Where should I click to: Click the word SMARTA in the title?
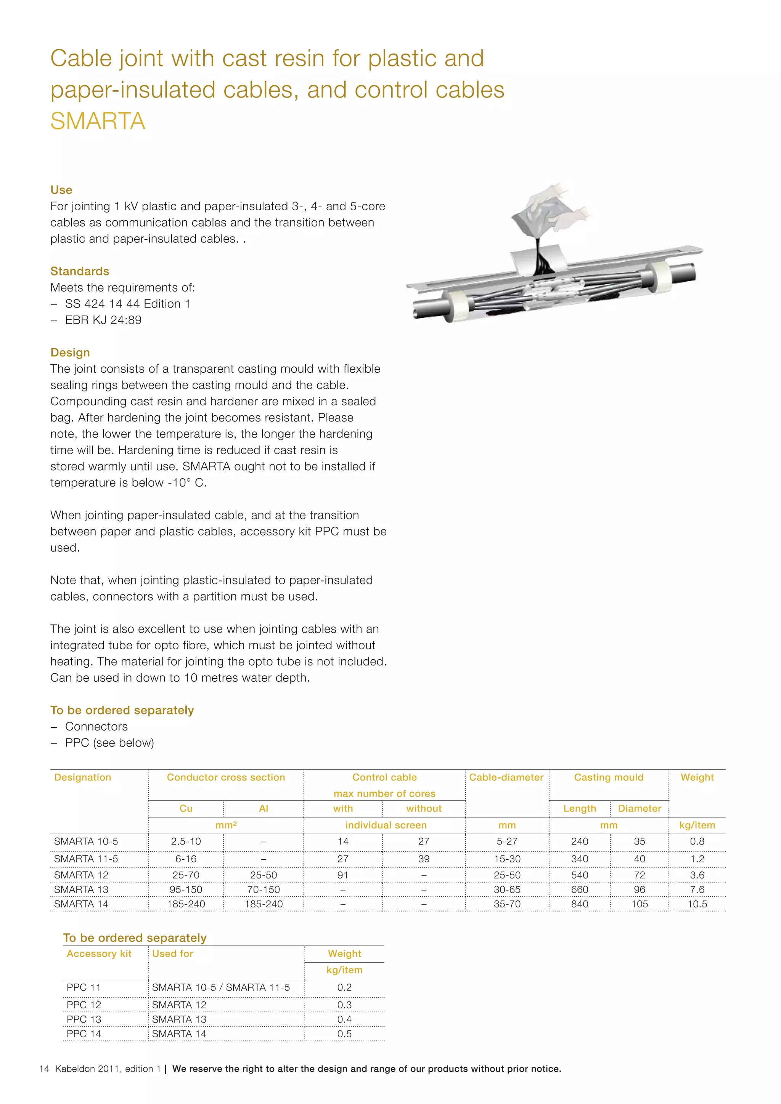pyautogui.click(x=98, y=121)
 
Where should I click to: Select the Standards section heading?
pyautogui.click(x=80, y=271)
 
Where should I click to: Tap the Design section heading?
pyautogui.click(x=70, y=353)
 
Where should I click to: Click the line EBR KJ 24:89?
pyautogui.click(x=103, y=320)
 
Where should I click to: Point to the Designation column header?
pyautogui.click(x=82, y=777)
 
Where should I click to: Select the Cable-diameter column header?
pyautogui.click(x=506, y=777)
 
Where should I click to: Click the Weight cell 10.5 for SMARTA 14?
pyautogui.click(x=697, y=904)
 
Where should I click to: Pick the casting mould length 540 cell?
pyautogui.click(x=579, y=875)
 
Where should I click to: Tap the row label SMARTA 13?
pyautogui.click(x=81, y=889)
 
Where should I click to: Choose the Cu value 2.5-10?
pyautogui.click(x=186, y=841)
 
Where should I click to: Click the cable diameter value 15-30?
pyautogui.click(x=507, y=859)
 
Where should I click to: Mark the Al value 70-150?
pyautogui.click(x=263, y=889)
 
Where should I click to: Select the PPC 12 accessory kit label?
pyautogui.click(x=84, y=1005)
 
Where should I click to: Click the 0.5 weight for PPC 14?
pyautogui.click(x=344, y=1034)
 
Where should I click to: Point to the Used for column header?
pyautogui.click(x=172, y=953)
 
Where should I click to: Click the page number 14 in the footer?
pyautogui.click(x=44, y=1069)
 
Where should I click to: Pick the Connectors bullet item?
pyautogui.click(x=96, y=727)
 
